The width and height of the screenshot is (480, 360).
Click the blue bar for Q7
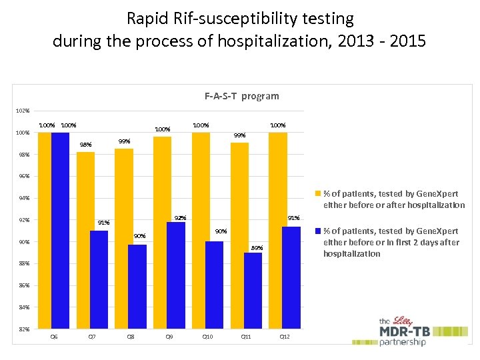pos(99,280)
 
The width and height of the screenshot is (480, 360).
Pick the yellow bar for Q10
pos(201,231)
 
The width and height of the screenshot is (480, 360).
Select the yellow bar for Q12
pos(277,231)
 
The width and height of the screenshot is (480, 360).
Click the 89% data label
pos(257,248)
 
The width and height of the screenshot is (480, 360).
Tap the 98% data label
pos(85,145)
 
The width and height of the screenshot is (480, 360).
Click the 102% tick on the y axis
pos(23,111)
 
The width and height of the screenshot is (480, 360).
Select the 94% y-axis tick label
pos(23,199)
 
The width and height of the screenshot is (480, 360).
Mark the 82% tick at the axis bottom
pos(23,329)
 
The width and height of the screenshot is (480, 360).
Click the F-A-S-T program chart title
pos(241,96)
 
